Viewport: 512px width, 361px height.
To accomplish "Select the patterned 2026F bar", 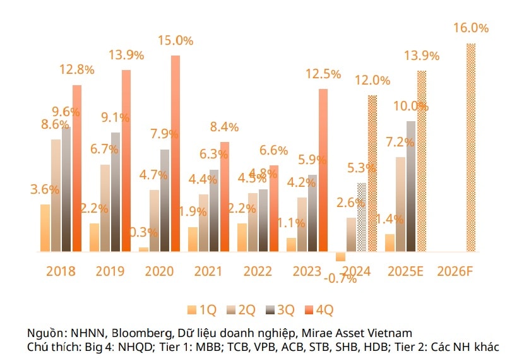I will click(x=470, y=148).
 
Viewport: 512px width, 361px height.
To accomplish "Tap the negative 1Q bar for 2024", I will click(x=341, y=256).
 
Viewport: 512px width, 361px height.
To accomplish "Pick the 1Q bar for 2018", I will click(x=45, y=228).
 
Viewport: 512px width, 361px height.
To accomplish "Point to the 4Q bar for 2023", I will click(x=323, y=170).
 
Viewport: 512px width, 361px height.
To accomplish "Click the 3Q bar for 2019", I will click(x=116, y=192).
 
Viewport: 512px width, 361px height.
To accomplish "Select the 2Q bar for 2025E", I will click(x=400, y=204).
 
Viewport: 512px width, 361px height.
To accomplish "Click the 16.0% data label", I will click(x=471, y=28).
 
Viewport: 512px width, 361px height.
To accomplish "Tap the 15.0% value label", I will click(x=175, y=40).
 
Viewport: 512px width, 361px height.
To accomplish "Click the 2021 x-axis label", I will click(x=208, y=271).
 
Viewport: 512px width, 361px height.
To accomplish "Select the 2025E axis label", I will click(x=405, y=271).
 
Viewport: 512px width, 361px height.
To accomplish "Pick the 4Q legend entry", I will click(x=319, y=309).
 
